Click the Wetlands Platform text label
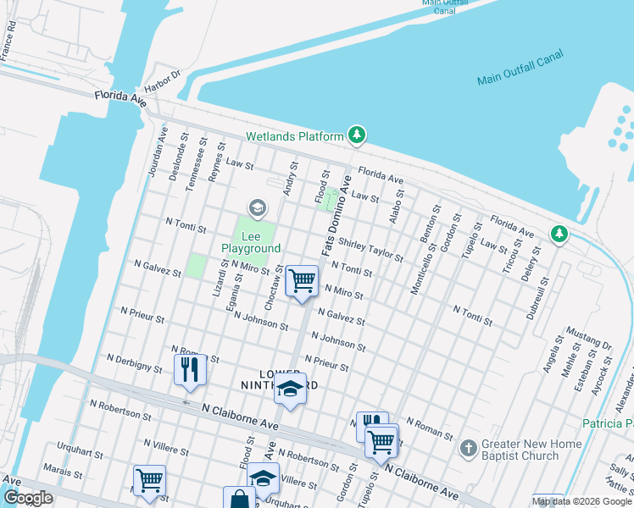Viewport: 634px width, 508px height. click(294, 136)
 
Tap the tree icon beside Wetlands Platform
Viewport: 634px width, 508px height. click(358, 135)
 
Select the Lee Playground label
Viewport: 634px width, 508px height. click(251, 242)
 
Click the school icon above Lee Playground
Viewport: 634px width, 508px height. click(257, 207)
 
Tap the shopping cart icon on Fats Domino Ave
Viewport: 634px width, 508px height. click(302, 280)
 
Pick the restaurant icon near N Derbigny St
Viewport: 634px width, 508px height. click(189, 369)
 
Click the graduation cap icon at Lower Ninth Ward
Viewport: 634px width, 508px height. click(290, 390)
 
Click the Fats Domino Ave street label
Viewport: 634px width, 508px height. click(336, 217)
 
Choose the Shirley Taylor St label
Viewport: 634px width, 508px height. click(370, 250)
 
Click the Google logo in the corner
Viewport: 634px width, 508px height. click(28, 498)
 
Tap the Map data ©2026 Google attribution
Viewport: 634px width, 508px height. click(582, 501)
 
